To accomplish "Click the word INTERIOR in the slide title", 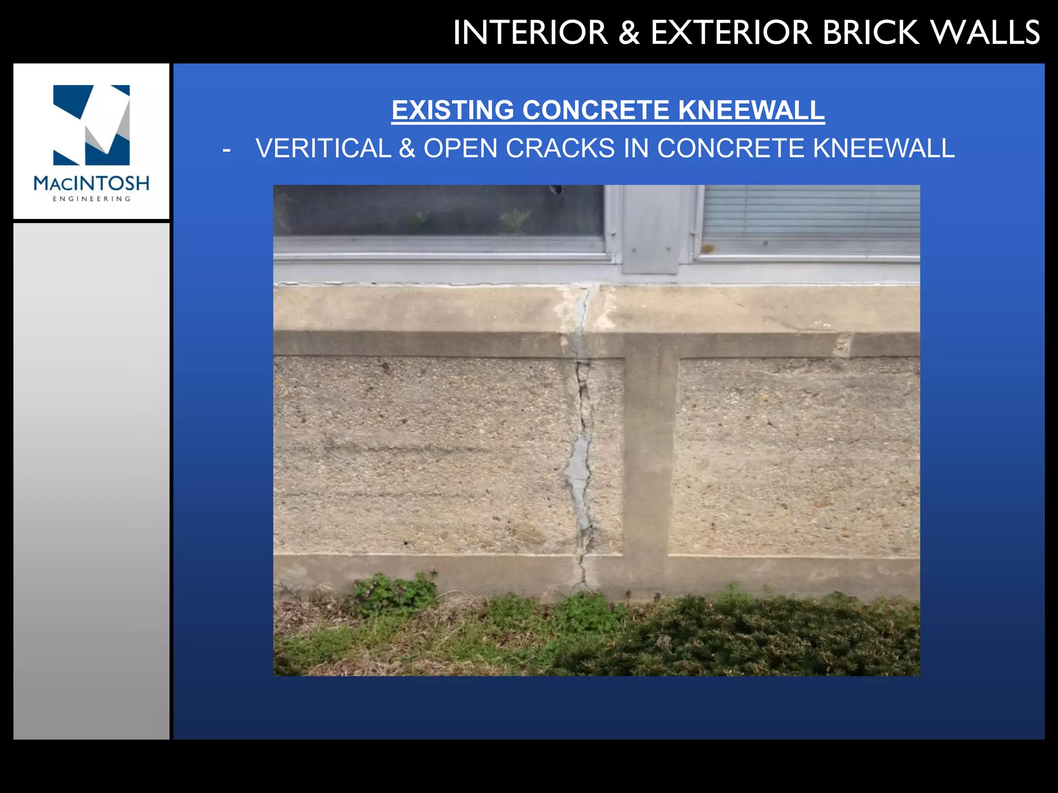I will (x=530, y=33).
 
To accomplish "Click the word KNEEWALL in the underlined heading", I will (x=751, y=110).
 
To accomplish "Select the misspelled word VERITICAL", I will (x=323, y=149).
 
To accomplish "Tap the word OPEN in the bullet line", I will (x=460, y=149).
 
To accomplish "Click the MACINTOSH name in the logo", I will (x=91, y=183).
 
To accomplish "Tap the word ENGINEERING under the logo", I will (x=91, y=199).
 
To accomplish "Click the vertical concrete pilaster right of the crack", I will (x=648, y=454).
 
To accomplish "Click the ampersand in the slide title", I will (x=629, y=33).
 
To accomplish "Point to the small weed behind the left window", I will (x=514, y=219).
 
